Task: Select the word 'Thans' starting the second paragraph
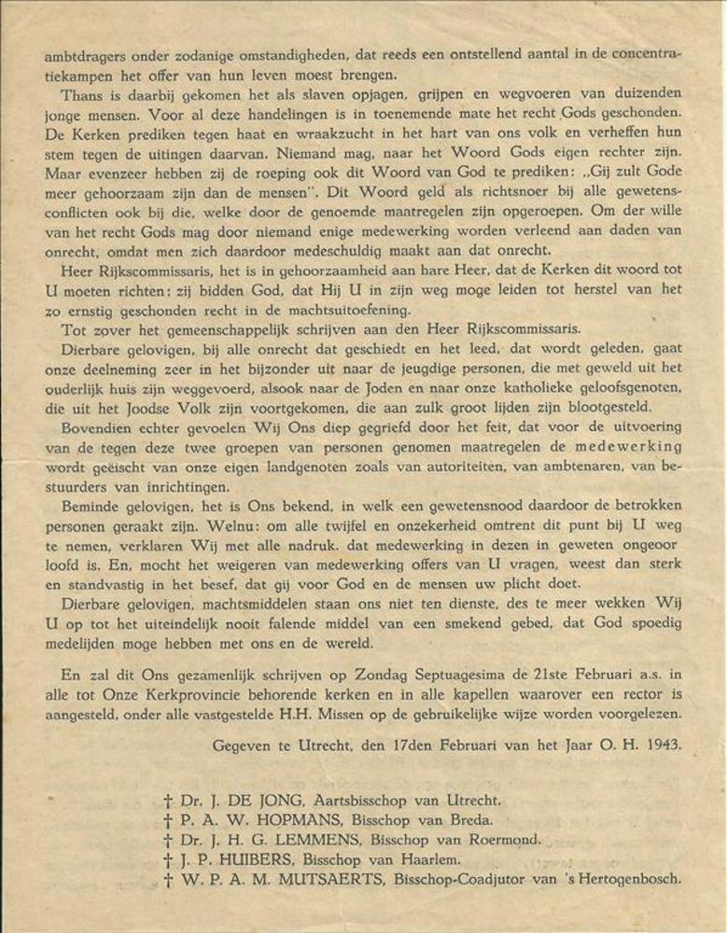(82, 94)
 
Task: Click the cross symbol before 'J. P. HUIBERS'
(168, 859)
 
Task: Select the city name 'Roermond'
(505, 840)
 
